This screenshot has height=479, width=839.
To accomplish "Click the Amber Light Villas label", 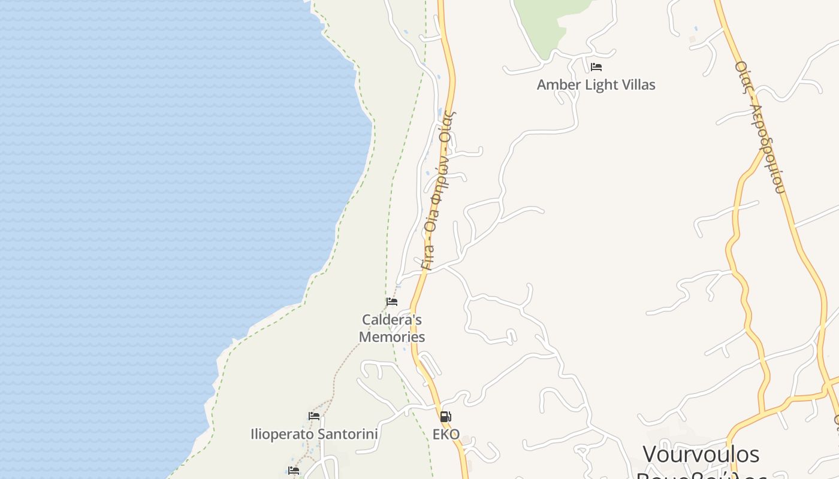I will point(596,84).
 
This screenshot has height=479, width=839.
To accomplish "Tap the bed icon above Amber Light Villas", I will point(596,67).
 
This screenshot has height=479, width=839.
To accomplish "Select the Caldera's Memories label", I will point(392,328).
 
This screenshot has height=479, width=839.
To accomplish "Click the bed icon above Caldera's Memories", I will point(392,302).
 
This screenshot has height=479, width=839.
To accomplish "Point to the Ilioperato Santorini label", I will point(314,433).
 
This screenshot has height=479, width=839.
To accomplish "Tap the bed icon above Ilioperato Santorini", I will point(314,416).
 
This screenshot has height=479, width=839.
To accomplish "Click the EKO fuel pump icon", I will point(445,417).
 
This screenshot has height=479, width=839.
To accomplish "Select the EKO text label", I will point(446,435).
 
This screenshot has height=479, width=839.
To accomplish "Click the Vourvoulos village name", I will point(701,454).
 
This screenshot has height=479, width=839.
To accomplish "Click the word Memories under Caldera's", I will point(392,336).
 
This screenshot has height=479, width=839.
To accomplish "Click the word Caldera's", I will point(392,320).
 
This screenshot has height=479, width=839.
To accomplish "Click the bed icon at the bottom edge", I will point(294,471).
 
